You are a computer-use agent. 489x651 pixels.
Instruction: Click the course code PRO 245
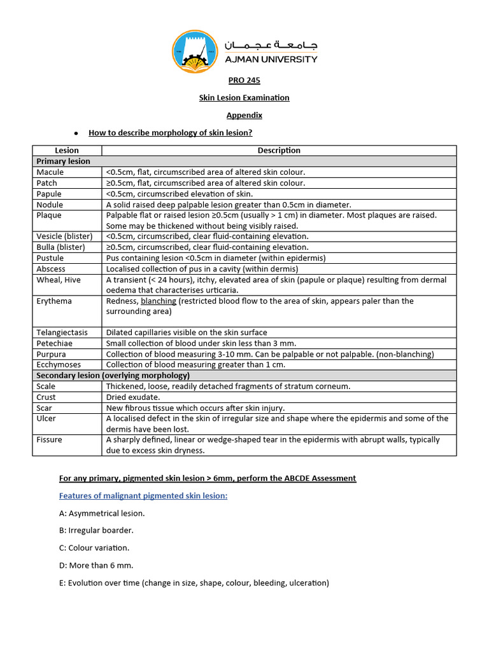pyautogui.click(x=244, y=81)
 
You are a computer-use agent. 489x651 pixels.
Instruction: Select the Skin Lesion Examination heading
pyautogui.click(x=244, y=98)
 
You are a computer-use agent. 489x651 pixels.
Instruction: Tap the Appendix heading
pyautogui.click(x=244, y=116)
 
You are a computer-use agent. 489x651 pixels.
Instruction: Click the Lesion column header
pyautogui.click(x=67, y=151)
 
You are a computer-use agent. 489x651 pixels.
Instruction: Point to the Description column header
pyautogui.click(x=279, y=151)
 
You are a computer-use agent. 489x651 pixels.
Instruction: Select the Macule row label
pyautogui.click(x=50, y=172)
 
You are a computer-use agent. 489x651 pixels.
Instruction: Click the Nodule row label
pyautogui.click(x=50, y=205)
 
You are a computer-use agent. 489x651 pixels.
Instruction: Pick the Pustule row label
pyautogui.click(x=50, y=258)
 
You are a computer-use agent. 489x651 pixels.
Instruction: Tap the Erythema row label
pyautogui.click(x=54, y=301)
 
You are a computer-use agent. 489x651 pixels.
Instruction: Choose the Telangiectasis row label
pyautogui.click(x=62, y=332)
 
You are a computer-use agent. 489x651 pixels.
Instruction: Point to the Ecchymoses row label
pyautogui.click(x=58, y=365)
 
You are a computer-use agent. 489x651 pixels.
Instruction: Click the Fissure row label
pyautogui.click(x=50, y=440)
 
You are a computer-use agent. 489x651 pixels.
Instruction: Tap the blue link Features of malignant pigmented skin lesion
pyautogui.click(x=143, y=496)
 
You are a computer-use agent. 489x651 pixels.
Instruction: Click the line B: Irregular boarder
pyautogui.click(x=96, y=530)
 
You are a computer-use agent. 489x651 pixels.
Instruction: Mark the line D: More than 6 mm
pyautogui.click(x=96, y=565)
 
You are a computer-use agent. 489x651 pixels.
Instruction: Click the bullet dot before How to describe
pyautogui.click(x=76, y=134)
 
